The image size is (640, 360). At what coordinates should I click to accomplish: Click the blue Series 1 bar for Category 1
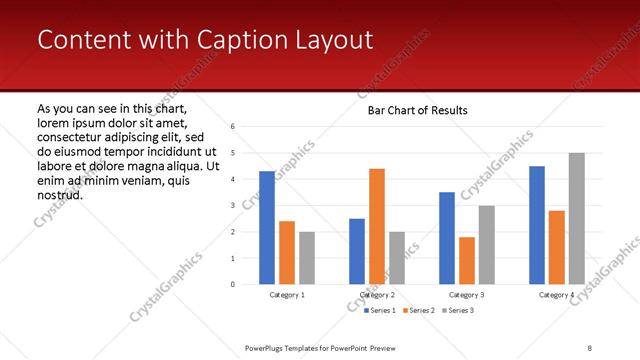click(x=267, y=228)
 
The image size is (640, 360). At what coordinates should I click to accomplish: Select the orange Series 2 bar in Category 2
click(x=377, y=226)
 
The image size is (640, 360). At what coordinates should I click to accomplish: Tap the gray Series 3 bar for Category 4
click(x=576, y=218)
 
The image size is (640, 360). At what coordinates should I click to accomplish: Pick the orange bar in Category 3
click(x=467, y=260)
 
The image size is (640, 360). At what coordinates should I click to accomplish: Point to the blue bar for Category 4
click(x=537, y=225)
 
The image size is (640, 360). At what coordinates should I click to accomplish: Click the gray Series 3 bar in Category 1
click(x=306, y=258)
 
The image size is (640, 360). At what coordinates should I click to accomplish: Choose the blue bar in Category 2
click(x=357, y=251)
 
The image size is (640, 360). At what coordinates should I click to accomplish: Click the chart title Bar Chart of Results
click(x=411, y=110)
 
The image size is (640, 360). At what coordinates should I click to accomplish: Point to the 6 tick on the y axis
click(x=232, y=127)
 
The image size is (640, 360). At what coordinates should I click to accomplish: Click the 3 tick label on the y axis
click(x=232, y=205)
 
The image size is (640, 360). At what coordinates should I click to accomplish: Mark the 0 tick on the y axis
click(x=232, y=284)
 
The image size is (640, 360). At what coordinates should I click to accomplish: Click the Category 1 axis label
click(x=287, y=295)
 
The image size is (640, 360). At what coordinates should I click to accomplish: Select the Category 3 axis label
click(x=467, y=295)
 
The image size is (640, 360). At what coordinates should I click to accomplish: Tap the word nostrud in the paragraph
click(x=58, y=194)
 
